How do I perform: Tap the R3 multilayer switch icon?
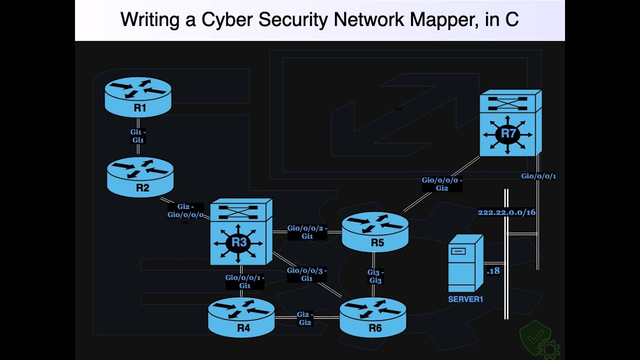(x=241, y=232)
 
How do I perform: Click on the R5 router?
(x=375, y=231)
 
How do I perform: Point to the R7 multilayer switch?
(x=510, y=123)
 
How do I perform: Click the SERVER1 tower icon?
(x=464, y=263)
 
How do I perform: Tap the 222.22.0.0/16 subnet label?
(x=506, y=212)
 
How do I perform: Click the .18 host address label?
(x=493, y=271)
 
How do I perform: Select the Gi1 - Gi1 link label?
(x=137, y=136)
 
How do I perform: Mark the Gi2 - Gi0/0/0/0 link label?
(x=185, y=211)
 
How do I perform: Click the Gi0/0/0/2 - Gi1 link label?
(x=307, y=232)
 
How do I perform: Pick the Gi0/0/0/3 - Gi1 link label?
(x=306, y=274)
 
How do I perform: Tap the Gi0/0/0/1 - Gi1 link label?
(x=244, y=281)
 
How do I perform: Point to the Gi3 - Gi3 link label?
(x=375, y=276)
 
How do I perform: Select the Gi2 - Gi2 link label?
(x=305, y=318)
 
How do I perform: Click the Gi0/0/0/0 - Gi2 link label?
(x=441, y=184)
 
